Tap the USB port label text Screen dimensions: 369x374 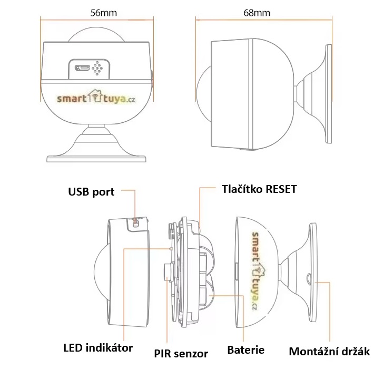pos(91,191)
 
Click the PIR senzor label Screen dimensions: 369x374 pos(181,353)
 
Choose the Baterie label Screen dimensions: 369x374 pos(245,349)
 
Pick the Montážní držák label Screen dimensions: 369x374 pos(330,351)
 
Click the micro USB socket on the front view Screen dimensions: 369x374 pos(83,68)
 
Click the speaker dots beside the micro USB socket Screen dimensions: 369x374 pos(97,68)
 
